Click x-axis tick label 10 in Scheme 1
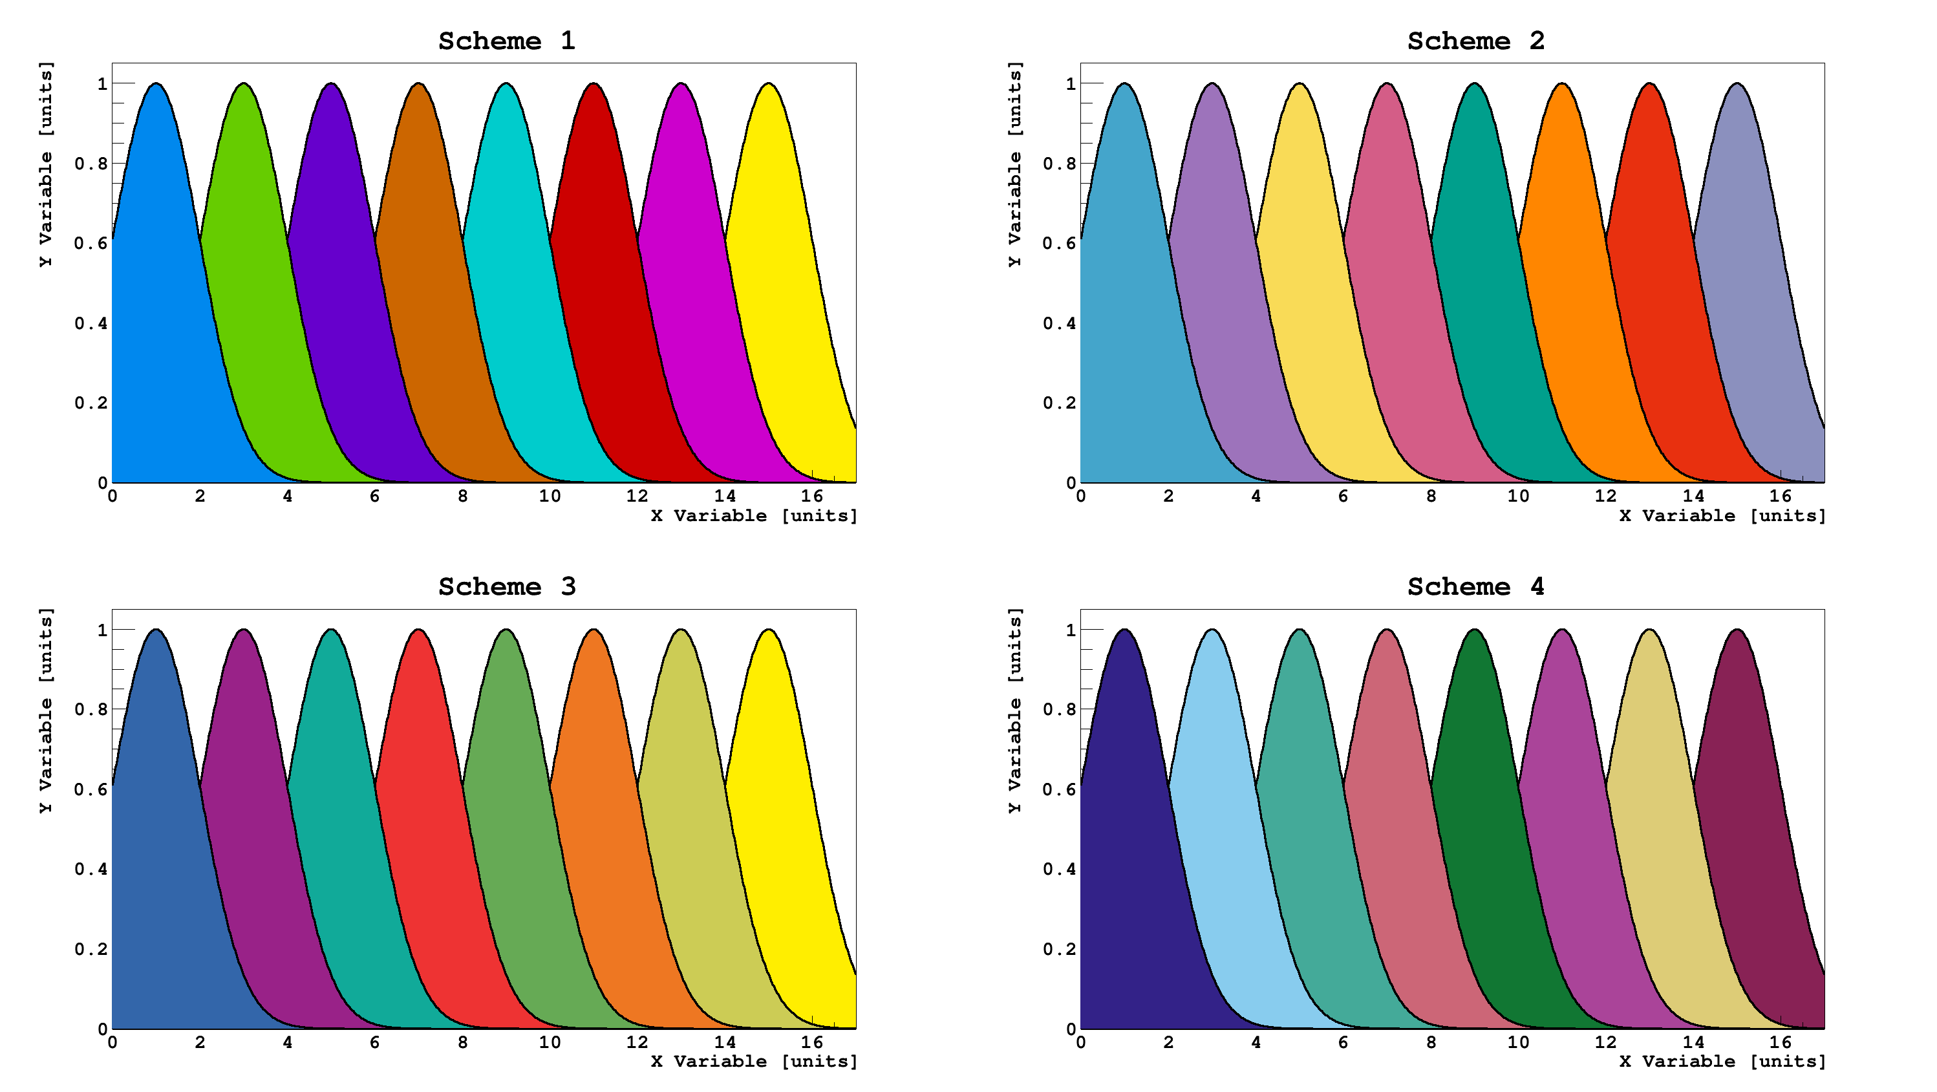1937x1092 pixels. (550, 497)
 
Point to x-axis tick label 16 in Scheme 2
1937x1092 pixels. (1780, 497)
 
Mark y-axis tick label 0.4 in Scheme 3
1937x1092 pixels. (91, 870)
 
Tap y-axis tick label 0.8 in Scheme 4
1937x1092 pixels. (1060, 709)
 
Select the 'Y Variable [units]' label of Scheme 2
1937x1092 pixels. (1014, 164)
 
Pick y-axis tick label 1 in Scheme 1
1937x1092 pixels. (102, 83)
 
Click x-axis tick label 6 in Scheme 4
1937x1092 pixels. (1343, 1042)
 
